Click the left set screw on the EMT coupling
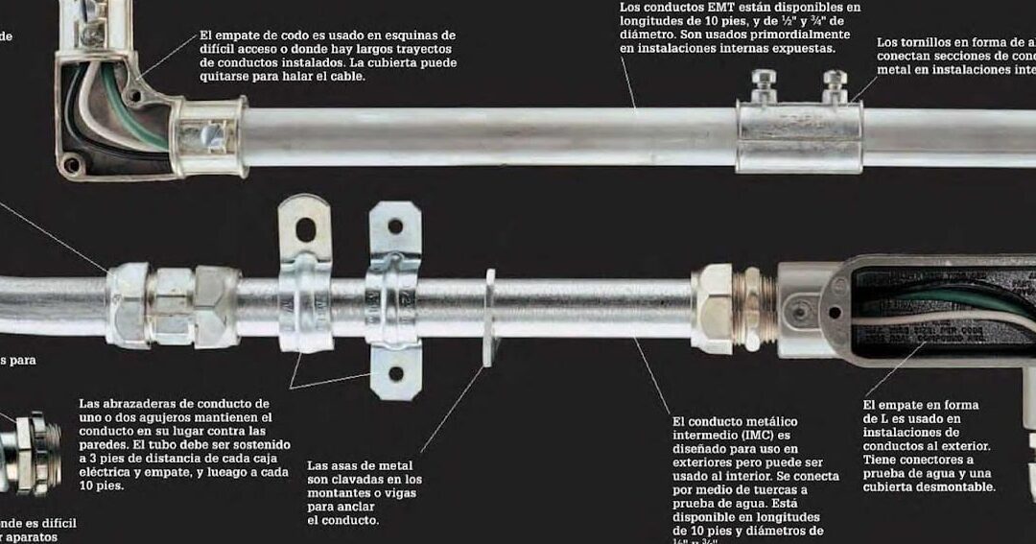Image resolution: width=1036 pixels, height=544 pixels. [763, 84]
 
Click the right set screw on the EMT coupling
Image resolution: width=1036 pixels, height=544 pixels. [835, 84]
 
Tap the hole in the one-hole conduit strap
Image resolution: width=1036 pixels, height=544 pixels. [305, 230]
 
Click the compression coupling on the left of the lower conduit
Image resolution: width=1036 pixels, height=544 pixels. [173, 306]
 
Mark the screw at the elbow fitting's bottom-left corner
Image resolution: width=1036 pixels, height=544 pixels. [70, 164]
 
